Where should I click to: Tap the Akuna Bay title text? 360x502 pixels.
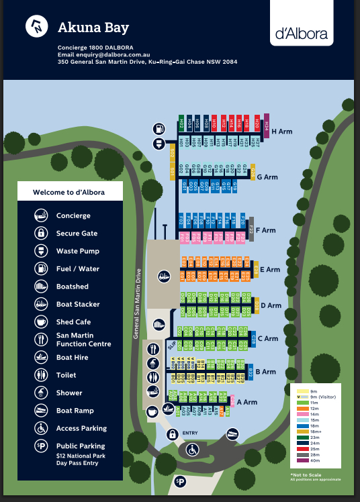pyautogui.click(x=93, y=28)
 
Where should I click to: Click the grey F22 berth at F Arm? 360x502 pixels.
pyautogui.click(x=251, y=228)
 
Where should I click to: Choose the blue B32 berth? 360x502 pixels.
pyautogui.click(x=250, y=372)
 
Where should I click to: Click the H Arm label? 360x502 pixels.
pyautogui.click(x=283, y=132)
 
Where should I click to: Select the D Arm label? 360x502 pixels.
pyautogui.click(x=271, y=305)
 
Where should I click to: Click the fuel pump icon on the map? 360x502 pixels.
pyautogui.click(x=160, y=128)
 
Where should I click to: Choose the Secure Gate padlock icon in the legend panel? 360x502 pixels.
pyautogui.click(x=42, y=234)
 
